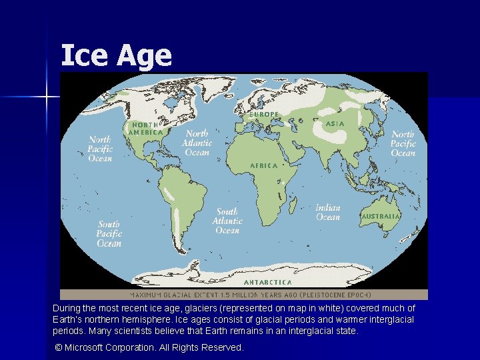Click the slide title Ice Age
click(116, 55)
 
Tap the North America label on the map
click(145, 128)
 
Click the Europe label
click(263, 115)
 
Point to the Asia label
click(335, 124)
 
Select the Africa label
click(263, 165)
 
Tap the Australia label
click(381, 217)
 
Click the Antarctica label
click(272, 282)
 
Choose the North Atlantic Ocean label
click(197, 143)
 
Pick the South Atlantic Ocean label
click(227, 221)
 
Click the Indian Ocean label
click(328, 212)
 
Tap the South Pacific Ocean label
click(109, 234)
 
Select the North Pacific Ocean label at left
click(100, 149)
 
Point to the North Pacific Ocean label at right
click(403, 144)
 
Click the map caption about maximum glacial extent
click(250, 294)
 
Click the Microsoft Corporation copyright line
click(149, 347)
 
